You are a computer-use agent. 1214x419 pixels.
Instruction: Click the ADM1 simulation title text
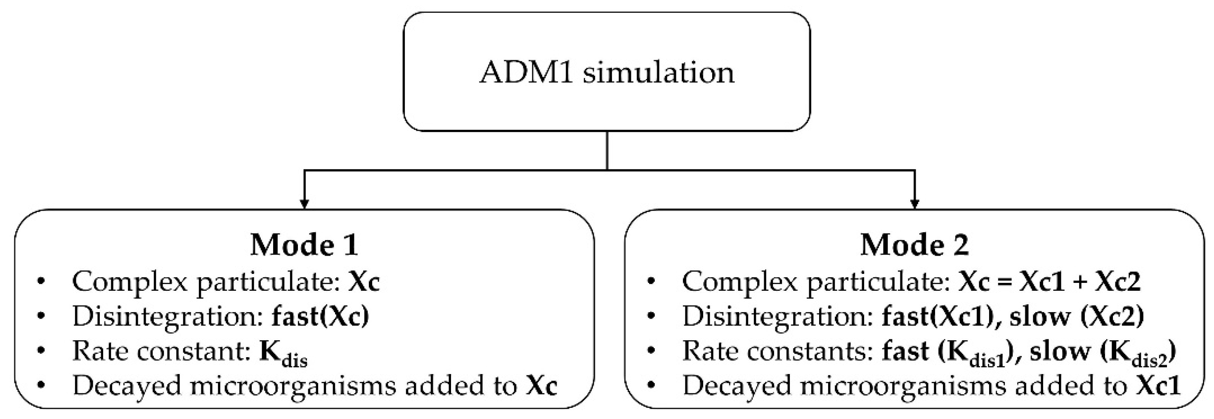click(x=607, y=73)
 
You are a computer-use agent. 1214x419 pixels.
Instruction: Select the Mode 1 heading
click(x=304, y=245)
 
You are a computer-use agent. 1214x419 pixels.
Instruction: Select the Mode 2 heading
click(x=914, y=245)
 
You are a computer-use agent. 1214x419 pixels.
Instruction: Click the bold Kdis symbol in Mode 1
click(x=283, y=353)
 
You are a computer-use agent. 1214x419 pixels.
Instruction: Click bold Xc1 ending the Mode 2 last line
click(x=1157, y=386)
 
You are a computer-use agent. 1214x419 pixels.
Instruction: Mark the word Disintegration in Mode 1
click(x=167, y=316)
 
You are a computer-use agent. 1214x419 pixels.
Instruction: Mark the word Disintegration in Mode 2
click(x=777, y=316)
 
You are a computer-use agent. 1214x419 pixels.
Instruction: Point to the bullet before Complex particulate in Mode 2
click(x=652, y=282)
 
